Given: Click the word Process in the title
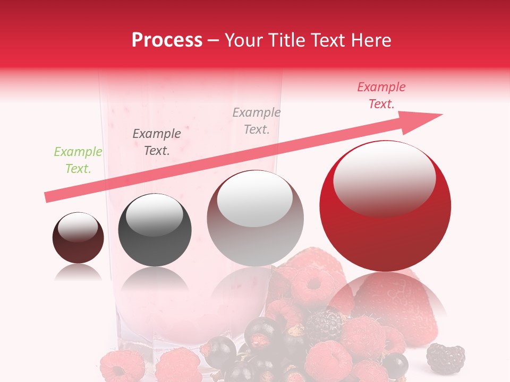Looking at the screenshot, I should [x=167, y=40].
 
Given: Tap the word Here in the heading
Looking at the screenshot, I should [x=371, y=40].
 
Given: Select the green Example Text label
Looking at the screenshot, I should [x=78, y=160].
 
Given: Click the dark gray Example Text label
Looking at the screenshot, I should [x=157, y=142].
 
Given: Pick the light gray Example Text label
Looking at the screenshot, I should [x=257, y=120].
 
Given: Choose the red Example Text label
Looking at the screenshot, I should [x=381, y=95].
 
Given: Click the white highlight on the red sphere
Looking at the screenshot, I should [x=384, y=179].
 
